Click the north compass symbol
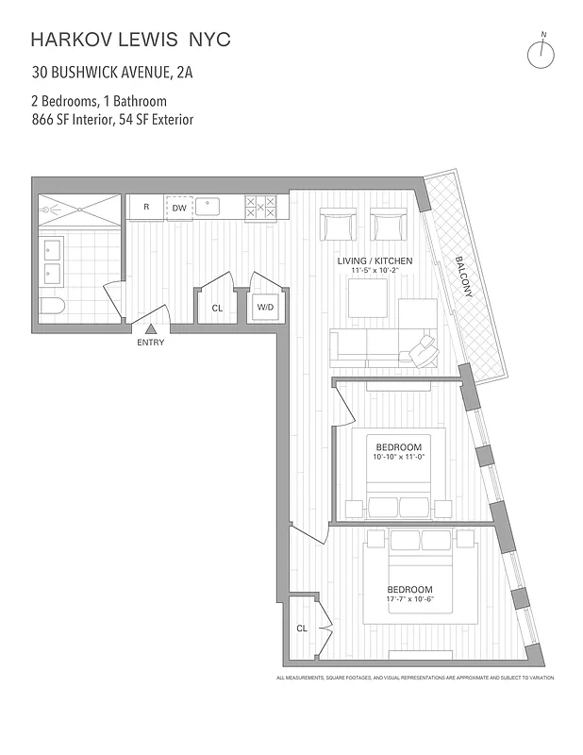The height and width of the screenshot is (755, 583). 543,53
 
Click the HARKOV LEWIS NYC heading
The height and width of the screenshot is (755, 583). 130,40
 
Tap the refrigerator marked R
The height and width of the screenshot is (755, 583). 146,208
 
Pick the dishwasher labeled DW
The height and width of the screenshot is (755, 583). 178,208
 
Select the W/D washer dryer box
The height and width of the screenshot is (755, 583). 265,308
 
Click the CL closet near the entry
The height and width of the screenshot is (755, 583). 217,308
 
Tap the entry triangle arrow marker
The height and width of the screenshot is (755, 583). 150,328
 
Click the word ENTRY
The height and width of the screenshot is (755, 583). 150,343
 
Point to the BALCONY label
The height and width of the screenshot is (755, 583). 461,277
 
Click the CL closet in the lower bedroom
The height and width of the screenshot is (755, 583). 303,628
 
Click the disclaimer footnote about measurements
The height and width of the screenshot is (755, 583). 414,679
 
